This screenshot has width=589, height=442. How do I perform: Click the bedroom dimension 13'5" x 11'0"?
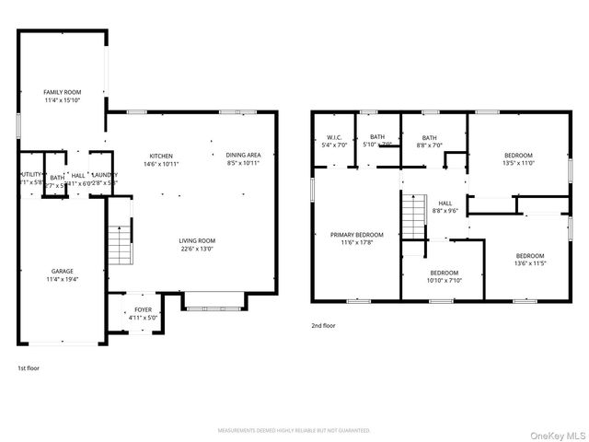pyautogui.click(x=519, y=162)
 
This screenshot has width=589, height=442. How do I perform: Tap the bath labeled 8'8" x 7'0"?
pyautogui.click(x=430, y=145)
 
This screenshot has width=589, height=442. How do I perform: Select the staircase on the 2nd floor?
pyautogui.click(x=413, y=216)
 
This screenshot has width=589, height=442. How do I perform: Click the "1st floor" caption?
pyautogui.click(x=28, y=367)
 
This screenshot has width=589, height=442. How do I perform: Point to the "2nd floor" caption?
pyautogui.click(x=323, y=325)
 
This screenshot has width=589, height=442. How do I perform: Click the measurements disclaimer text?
pyautogui.click(x=294, y=431)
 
